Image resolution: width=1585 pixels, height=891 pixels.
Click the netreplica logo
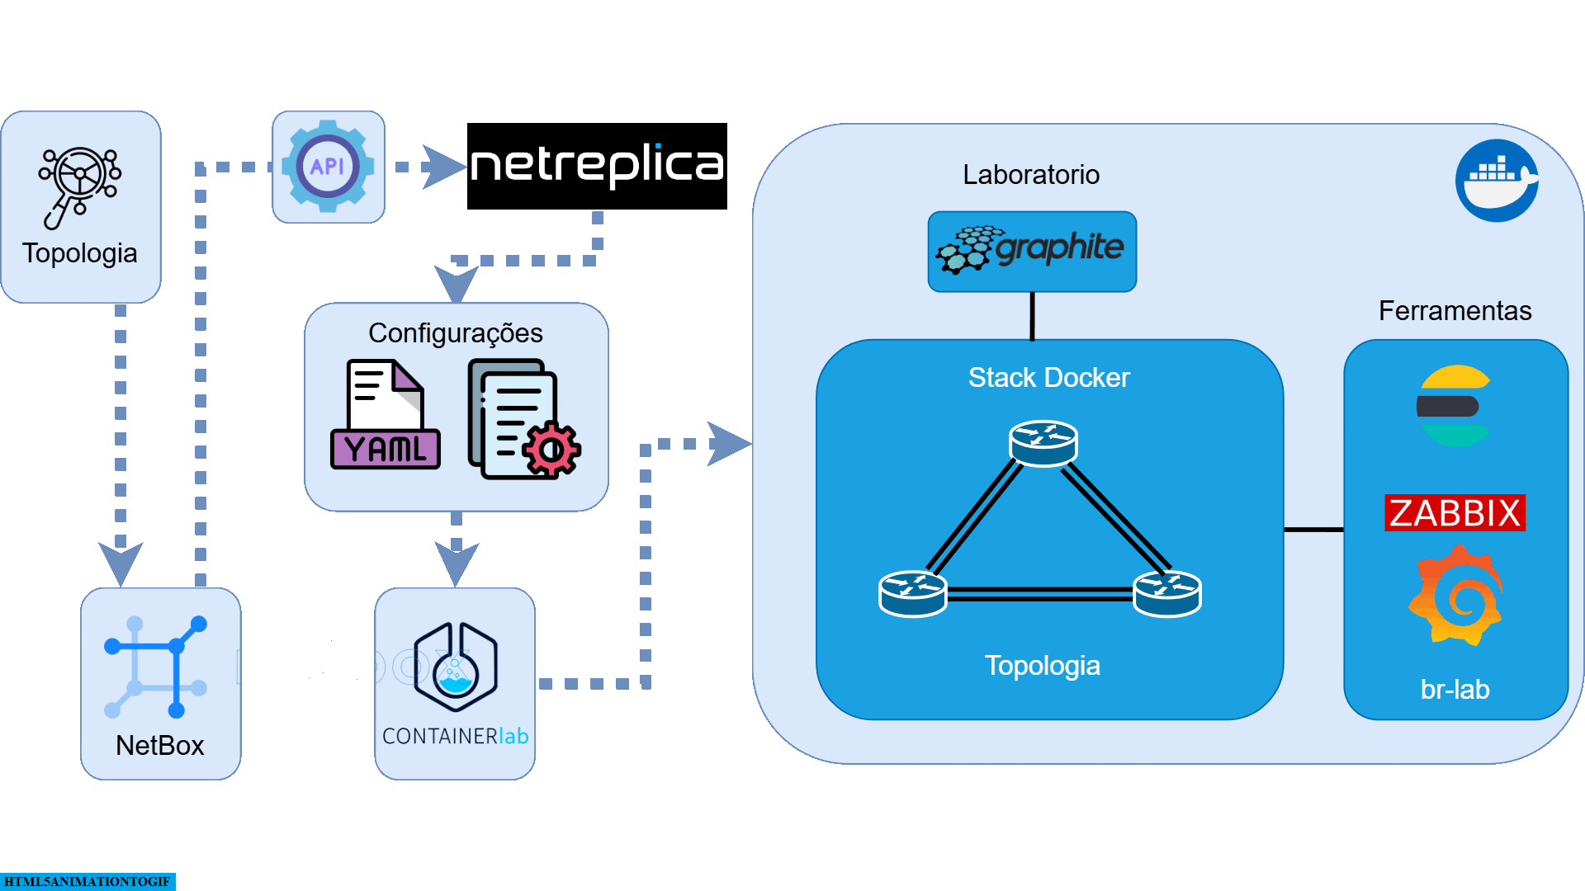click(x=597, y=166)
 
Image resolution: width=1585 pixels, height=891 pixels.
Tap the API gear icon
click(x=328, y=167)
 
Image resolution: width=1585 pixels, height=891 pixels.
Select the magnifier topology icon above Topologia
click(x=79, y=186)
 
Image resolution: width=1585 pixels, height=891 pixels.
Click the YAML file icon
click(x=386, y=415)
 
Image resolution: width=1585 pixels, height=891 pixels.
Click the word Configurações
click(x=455, y=332)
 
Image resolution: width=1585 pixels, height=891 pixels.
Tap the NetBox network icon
click(x=156, y=666)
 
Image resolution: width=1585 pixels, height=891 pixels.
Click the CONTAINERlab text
click(x=455, y=736)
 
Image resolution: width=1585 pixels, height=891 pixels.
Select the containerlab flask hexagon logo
click(x=455, y=667)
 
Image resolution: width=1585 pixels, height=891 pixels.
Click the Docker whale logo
click(x=1496, y=180)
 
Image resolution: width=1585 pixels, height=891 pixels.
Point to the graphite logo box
click(x=1032, y=251)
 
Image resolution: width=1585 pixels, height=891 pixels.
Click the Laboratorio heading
click(x=1030, y=174)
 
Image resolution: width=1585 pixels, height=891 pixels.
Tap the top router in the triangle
click(x=1043, y=443)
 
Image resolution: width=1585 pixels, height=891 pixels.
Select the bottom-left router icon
click(x=912, y=593)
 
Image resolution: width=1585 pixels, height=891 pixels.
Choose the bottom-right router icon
click(x=1167, y=593)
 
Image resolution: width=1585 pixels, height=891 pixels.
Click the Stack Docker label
click(x=1048, y=377)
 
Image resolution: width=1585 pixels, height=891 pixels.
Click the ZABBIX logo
click(x=1455, y=512)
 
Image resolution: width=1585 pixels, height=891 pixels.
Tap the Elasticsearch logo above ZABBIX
click(x=1455, y=406)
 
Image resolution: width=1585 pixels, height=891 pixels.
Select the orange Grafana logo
click(x=1456, y=596)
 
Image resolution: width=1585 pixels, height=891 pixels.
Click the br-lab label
click(x=1455, y=689)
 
